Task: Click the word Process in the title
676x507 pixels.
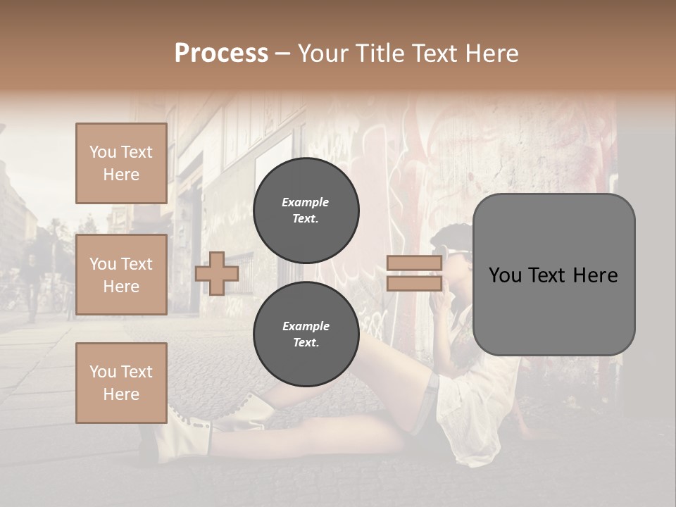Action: [x=221, y=54]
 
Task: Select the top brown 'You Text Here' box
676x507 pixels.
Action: [x=121, y=163]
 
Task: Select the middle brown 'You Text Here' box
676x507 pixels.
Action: [x=121, y=275]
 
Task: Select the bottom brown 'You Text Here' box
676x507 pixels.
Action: [x=121, y=383]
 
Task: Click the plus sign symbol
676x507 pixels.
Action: [x=217, y=273]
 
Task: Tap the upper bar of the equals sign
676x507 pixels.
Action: [x=415, y=263]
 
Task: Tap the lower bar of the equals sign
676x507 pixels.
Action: [x=415, y=284]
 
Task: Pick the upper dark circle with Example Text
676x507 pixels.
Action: [x=306, y=210]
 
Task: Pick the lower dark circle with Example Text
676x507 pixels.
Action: [x=306, y=334]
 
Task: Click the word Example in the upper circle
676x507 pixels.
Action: [x=306, y=202]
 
